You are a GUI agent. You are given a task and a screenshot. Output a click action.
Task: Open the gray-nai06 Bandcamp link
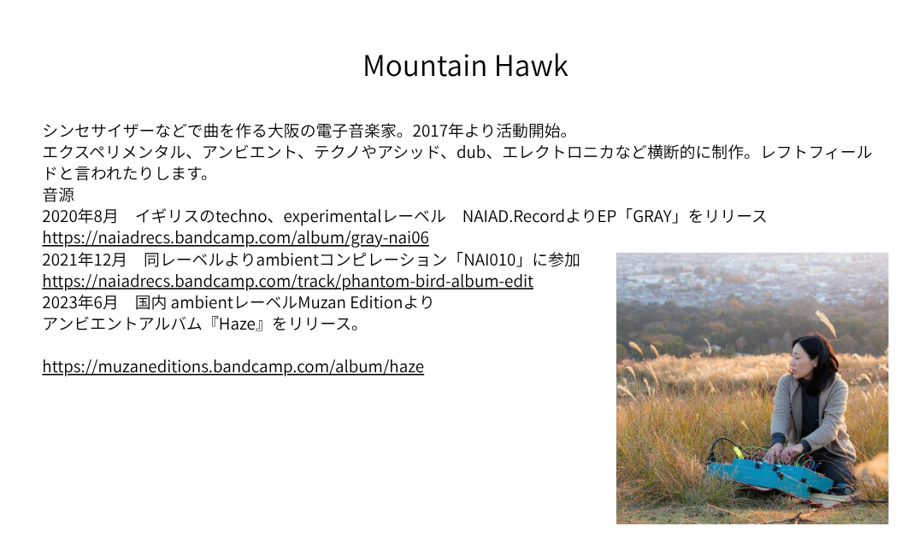tap(236, 237)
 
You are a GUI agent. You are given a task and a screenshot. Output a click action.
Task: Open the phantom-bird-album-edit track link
tap(288, 281)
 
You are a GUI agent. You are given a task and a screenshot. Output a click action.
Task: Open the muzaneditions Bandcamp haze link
tap(233, 366)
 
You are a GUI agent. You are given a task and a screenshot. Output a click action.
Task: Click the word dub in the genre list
tap(471, 152)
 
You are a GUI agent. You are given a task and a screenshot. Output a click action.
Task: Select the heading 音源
tap(58, 195)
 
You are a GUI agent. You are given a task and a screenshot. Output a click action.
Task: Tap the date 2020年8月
tap(80, 217)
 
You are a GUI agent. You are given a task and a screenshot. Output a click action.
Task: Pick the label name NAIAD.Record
tap(514, 217)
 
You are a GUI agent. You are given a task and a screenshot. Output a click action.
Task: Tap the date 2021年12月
tap(85, 260)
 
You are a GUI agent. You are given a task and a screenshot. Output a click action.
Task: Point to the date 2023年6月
tap(80, 302)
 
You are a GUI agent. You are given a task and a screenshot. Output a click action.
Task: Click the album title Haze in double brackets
tap(238, 324)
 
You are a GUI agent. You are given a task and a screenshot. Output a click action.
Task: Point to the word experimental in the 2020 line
tap(333, 217)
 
